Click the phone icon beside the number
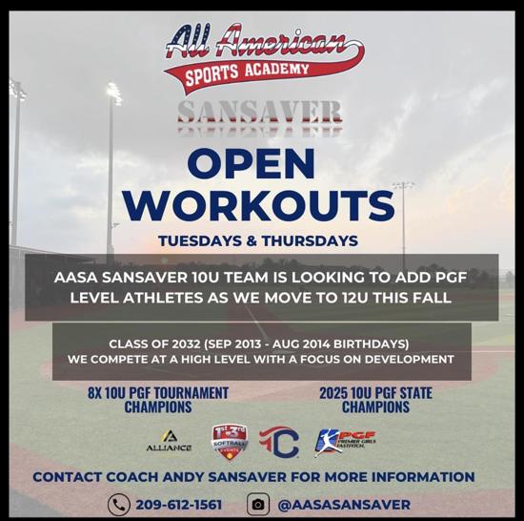(119, 504)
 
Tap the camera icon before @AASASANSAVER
(258, 504)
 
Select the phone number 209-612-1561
(179, 505)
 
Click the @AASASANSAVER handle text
(344, 505)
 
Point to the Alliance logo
(169, 440)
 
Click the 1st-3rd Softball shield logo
(231, 442)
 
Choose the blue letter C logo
(279, 442)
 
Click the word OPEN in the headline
(252, 164)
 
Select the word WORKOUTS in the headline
(259, 205)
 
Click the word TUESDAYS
(200, 240)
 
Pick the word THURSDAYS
(310, 240)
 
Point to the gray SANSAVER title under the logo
(260, 112)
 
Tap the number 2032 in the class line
(187, 344)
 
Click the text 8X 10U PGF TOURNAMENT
(158, 393)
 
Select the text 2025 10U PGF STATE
(376, 393)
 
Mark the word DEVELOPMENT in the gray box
(410, 359)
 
